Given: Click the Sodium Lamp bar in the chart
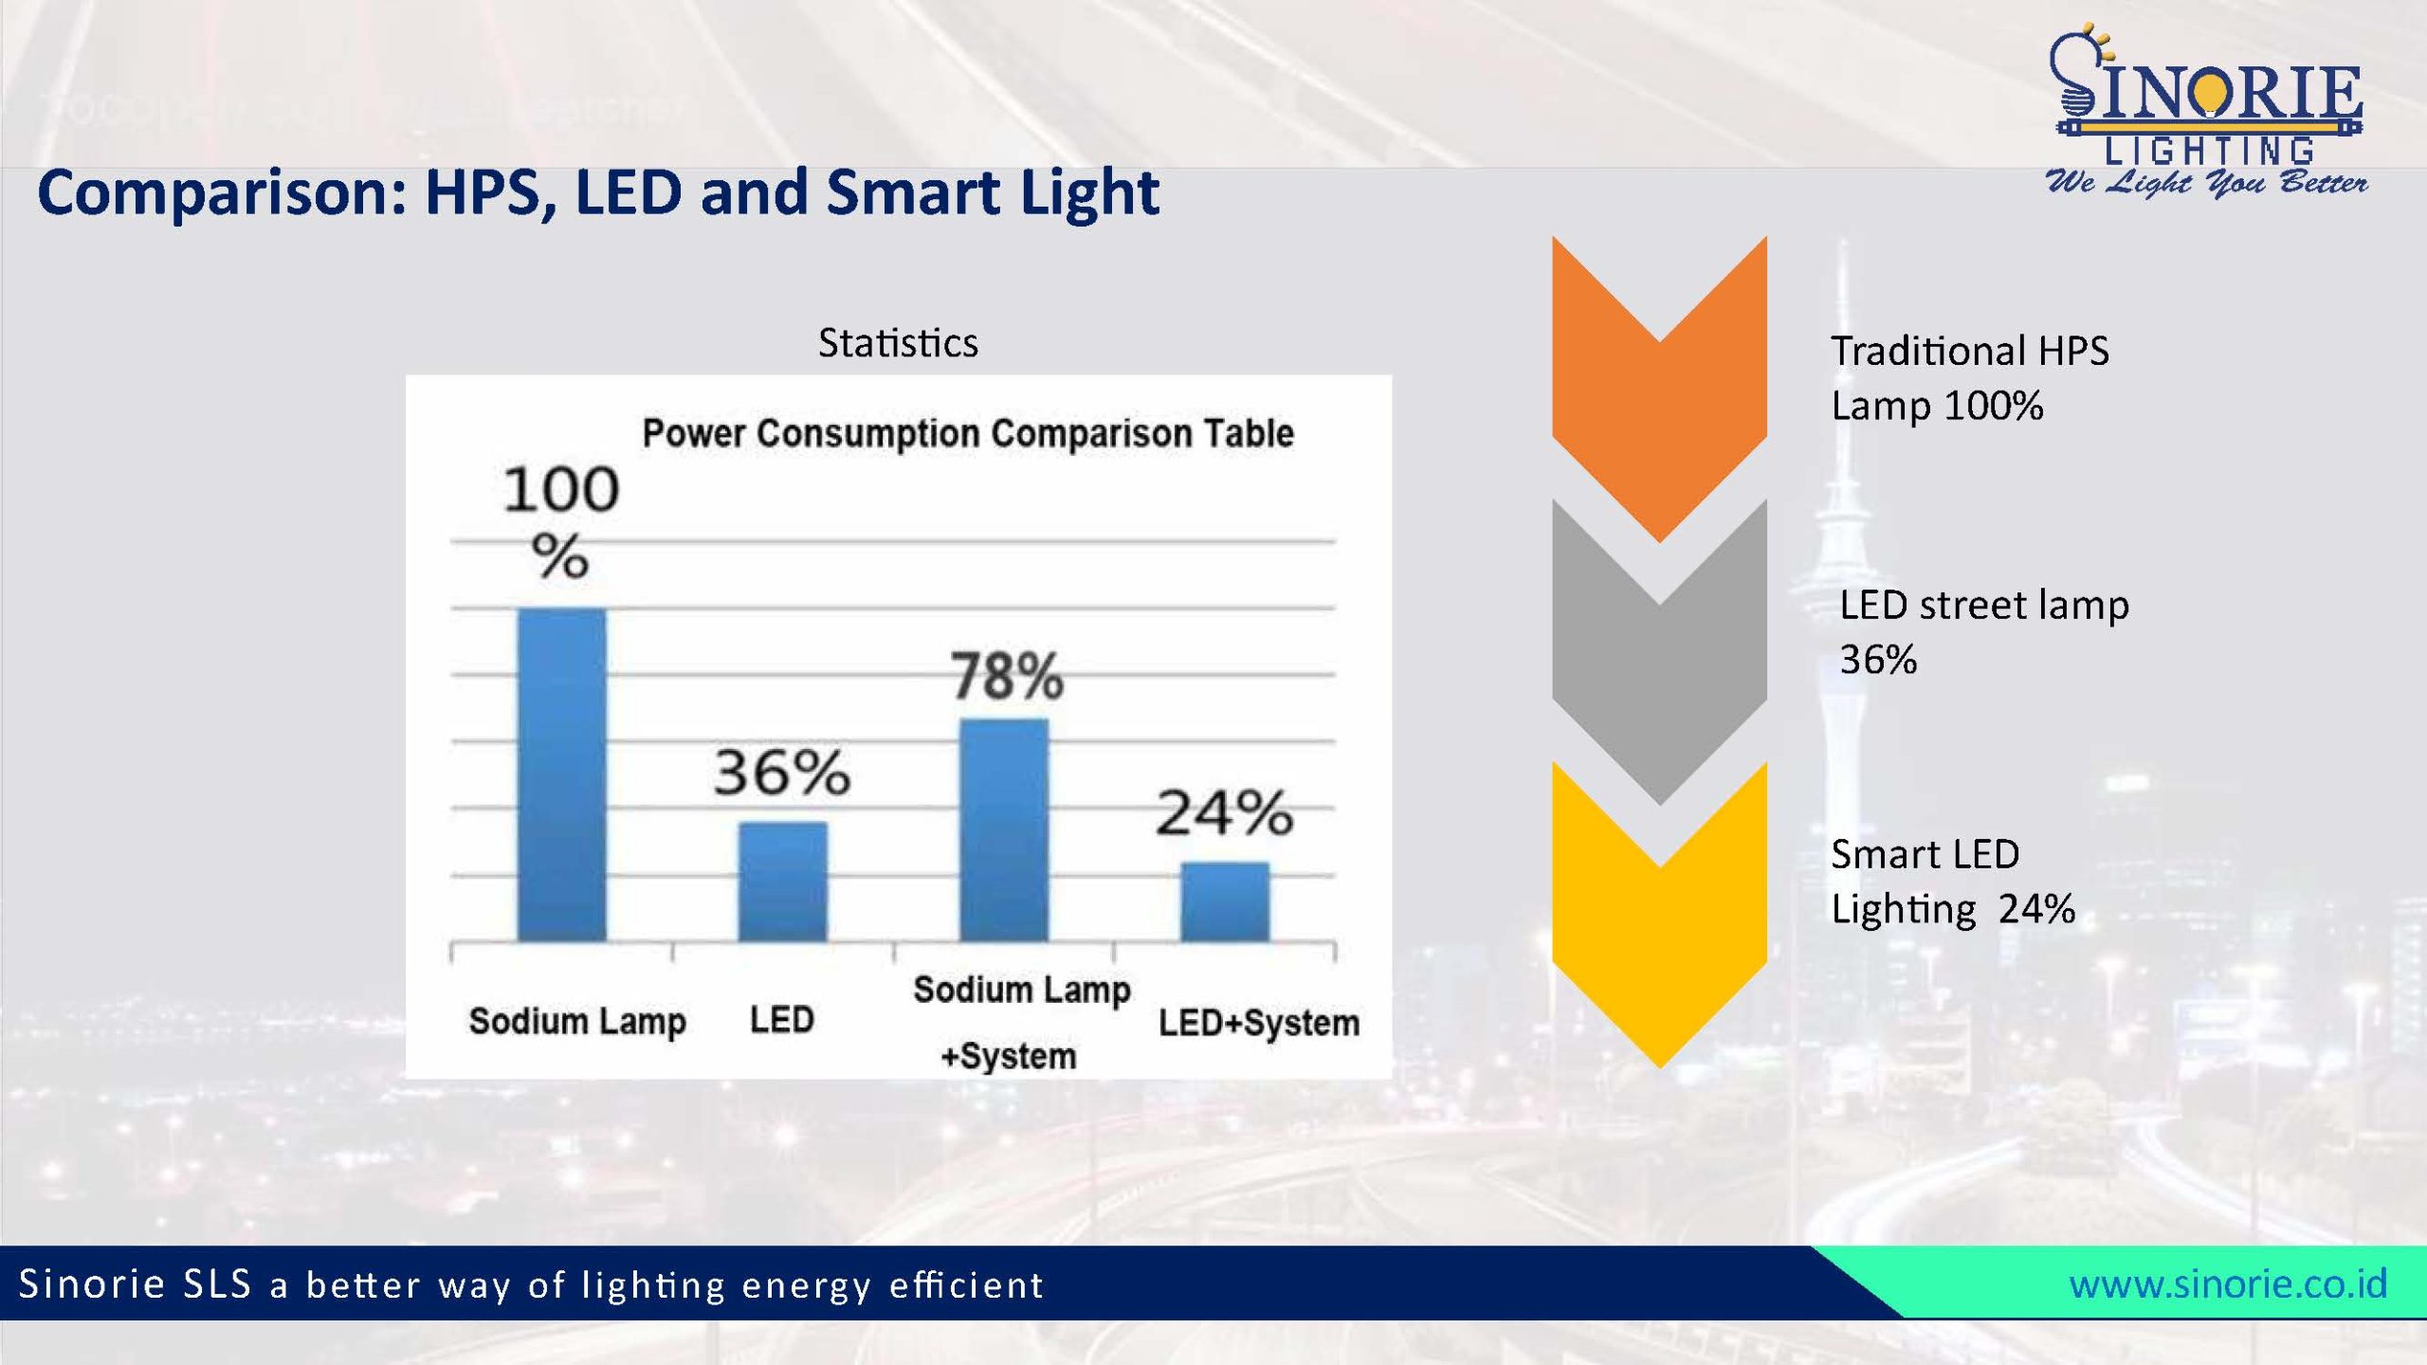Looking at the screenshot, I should click(x=561, y=774).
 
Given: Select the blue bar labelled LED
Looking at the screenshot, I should click(x=782, y=882).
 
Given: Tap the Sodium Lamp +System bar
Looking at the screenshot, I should click(x=1004, y=829).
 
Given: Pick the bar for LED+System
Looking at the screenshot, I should click(x=1224, y=901).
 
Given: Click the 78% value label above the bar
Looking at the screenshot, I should click(x=1007, y=676).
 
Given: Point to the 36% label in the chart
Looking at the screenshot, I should click(x=782, y=772).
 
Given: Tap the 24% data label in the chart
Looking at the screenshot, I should click(x=1224, y=812).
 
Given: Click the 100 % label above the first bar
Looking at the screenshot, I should click(x=561, y=520).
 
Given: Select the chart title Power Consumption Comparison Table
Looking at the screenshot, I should click(x=968, y=433).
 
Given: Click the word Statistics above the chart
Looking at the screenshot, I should click(x=898, y=343).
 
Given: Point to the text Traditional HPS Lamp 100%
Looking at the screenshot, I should click(x=1969, y=378).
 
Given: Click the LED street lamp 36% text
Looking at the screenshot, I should click(x=1983, y=631).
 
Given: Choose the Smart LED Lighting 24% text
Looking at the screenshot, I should click(x=1952, y=882).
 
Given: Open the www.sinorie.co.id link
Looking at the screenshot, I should click(x=2227, y=1283).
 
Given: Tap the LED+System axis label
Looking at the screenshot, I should click(x=1258, y=1023).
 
